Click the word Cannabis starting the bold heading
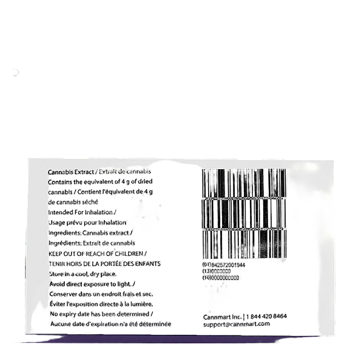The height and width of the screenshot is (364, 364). click(x=61, y=173)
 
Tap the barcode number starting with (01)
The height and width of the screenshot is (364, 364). click(x=221, y=265)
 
